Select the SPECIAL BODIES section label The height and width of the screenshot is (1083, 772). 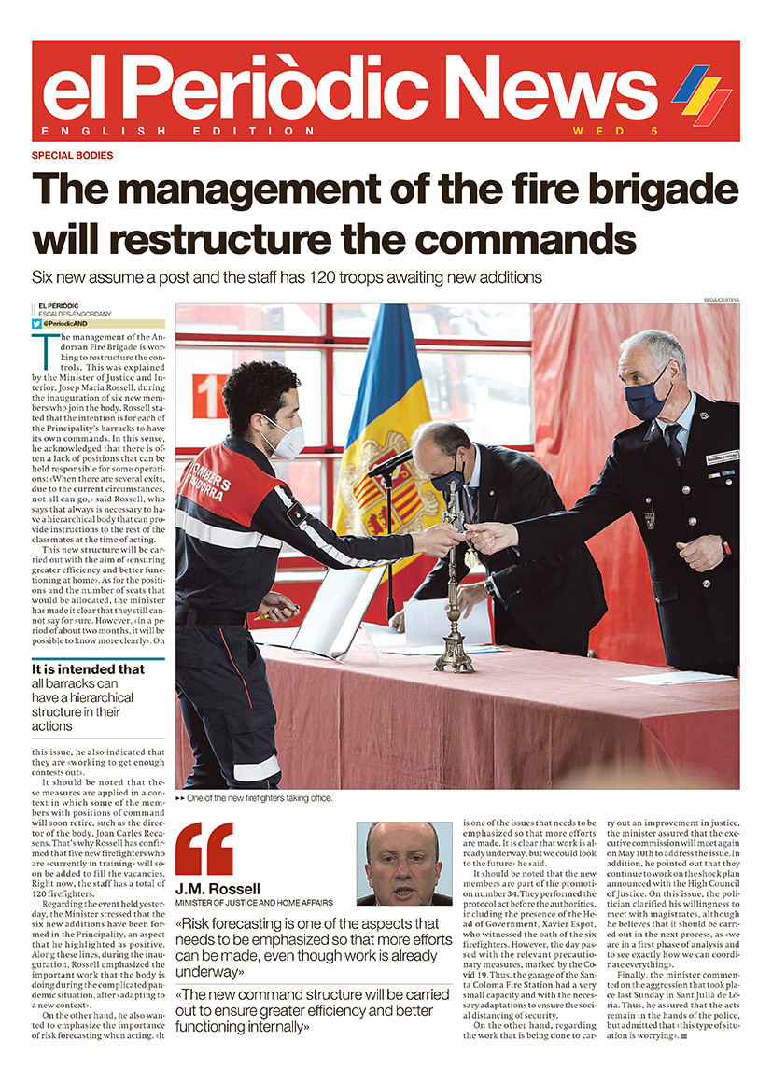click(73, 156)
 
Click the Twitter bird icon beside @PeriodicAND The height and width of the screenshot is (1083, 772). click(36, 323)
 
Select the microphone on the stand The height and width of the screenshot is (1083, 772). click(392, 462)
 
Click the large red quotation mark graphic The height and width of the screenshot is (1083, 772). click(204, 849)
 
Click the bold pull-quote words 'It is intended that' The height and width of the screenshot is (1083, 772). click(88, 669)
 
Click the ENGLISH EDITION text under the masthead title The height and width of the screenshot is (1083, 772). click(179, 131)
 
